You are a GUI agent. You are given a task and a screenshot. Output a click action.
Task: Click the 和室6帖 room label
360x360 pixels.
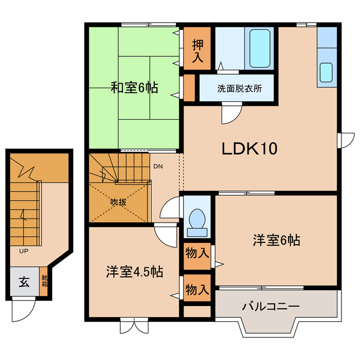(134, 88)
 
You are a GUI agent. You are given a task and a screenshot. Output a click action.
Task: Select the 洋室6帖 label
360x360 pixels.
(276, 241)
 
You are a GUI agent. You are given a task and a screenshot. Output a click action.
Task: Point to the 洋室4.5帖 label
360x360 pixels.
(134, 272)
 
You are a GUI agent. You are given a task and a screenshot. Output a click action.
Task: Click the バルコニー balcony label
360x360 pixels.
(271, 307)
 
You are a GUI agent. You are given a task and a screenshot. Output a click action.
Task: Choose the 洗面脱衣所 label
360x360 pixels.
(238, 88)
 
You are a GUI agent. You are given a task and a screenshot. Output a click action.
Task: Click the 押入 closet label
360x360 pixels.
(198, 49)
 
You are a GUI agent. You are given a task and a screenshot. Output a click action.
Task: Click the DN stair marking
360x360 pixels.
(158, 166)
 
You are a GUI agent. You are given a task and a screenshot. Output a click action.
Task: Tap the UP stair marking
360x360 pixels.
(24, 250)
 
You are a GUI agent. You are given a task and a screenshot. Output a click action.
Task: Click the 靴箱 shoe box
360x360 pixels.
(44, 285)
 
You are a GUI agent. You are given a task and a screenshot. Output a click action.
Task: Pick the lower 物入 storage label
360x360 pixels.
(197, 290)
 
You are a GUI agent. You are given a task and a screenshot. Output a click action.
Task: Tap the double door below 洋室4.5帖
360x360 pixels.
(135, 327)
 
